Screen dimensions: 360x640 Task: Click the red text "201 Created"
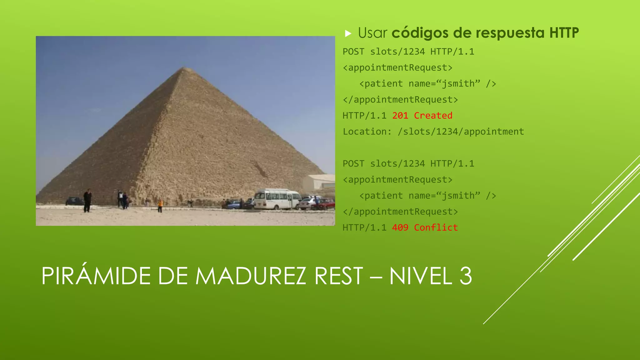tap(422, 116)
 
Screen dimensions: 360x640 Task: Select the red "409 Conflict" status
tap(425, 227)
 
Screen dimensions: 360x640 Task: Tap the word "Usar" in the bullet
tap(372, 33)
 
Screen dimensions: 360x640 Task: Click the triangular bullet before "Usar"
tap(348, 33)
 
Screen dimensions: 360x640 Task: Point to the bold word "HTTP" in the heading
tap(564, 33)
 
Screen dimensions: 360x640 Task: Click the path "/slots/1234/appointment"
tap(461, 132)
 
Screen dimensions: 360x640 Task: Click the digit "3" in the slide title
tap(466, 276)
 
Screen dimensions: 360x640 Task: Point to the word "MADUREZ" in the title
tap(250, 276)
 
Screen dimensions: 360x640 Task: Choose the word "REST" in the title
tap(339, 276)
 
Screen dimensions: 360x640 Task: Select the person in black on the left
tap(87, 200)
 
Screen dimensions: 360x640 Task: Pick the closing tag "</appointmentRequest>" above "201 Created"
tap(400, 100)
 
